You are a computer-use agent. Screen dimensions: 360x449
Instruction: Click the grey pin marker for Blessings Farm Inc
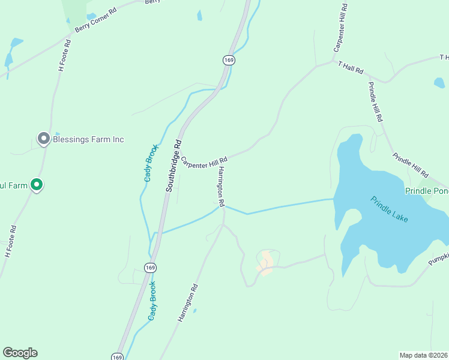click(x=43, y=139)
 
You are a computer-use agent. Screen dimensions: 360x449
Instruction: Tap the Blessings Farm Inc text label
click(x=88, y=139)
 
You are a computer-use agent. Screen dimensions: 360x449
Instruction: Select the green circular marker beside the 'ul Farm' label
click(x=37, y=185)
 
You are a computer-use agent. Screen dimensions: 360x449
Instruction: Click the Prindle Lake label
click(x=389, y=210)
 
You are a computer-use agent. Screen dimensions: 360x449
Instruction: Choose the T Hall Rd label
click(x=351, y=67)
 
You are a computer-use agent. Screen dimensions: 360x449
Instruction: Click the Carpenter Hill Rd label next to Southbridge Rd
click(x=204, y=163)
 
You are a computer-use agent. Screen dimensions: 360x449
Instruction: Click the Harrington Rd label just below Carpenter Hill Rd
click(x=221, y=184)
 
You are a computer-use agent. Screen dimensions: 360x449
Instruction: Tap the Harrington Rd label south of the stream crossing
click(x=187, y=304)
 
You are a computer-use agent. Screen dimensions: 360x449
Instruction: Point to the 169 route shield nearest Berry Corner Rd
click(x=228, y=60)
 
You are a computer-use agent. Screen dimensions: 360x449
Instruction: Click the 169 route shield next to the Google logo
click(x=118, y=356)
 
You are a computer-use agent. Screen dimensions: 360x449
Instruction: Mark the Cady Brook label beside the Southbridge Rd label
click(x=151, y=163)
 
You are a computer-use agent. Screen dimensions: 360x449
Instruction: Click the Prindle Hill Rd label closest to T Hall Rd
click(x=375, y=101)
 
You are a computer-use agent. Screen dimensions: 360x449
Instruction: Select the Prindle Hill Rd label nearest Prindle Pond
click(x=411, y=166)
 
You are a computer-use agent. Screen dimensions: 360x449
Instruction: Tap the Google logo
click(x=20, y=353)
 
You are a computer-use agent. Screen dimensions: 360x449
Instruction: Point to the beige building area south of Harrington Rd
click(x=265, y=262)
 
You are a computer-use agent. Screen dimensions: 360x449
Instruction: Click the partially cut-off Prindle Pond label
click(x=427, y=191)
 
